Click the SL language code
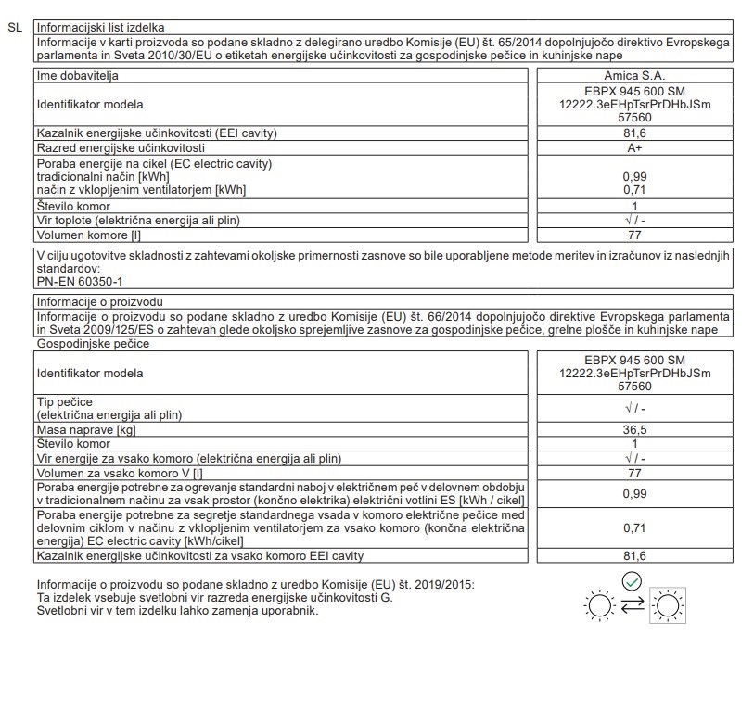point(14,28)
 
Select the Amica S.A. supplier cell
point(635,75)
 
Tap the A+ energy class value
point(635,147)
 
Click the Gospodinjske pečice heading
point(93,344)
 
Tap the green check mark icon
point(633,581)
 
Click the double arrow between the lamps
point(633,606)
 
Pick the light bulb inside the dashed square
point(666,606)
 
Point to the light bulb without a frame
point(599,606)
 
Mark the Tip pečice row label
point(66,400)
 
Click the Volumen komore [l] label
point(83,235)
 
